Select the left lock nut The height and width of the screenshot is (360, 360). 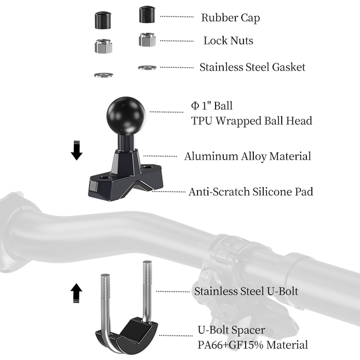(x=103, y=45)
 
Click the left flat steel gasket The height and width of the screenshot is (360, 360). (x=103, y=74)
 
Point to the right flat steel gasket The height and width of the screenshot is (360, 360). (x=147, y=67)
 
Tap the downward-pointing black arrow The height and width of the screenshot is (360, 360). (x=77, y=150)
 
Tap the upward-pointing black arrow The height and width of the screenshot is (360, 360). (x=77, y=293)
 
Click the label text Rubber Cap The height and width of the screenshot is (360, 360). (x=230, y=18)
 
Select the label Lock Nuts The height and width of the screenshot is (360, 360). (x=228, y=40)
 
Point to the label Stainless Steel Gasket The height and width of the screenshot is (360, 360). (x=252, y=67)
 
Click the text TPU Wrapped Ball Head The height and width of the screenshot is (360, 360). (x=251, y=120)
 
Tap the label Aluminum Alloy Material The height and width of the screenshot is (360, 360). (x=247, y=156)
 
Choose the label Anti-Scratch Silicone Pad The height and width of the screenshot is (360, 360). (x=251, y=191)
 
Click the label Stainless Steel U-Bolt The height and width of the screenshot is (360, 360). (x=246, y=291)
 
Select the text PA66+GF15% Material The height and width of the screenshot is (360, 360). (x=252, y=345)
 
